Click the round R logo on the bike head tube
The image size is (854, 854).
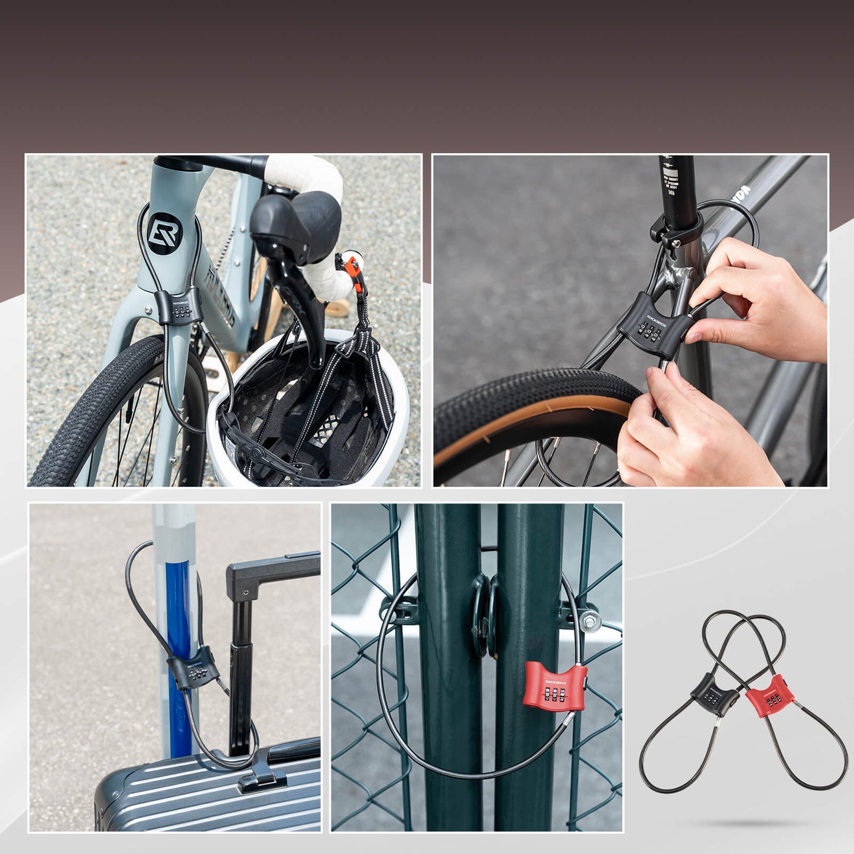pyautogui.click(x=164, y=233)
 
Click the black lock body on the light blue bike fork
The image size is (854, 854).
pyautogui.click(x=179, y=307)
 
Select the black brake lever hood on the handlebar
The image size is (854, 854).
pyautogui.click(x=296, y=222)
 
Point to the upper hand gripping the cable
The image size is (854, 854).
pyautogui.click(x=762, y=301)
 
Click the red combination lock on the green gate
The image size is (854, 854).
pyautogui.click(x=554, y=686)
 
